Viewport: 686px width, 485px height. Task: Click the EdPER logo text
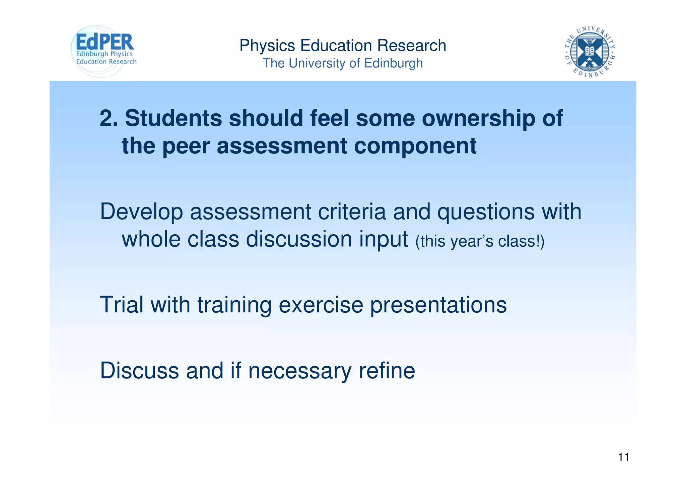[105, 42]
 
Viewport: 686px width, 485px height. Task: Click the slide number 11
[623, 457]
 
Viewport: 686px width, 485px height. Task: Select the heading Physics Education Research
[343, 46]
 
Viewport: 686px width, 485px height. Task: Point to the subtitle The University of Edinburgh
[343, 63]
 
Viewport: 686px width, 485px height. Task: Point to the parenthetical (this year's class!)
[480, 241]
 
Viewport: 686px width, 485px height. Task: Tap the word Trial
[122, 305]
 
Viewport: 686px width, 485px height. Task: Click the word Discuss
[139, 371]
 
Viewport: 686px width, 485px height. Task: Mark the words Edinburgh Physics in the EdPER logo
[105, 54]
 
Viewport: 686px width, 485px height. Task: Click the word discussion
[299, 239]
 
